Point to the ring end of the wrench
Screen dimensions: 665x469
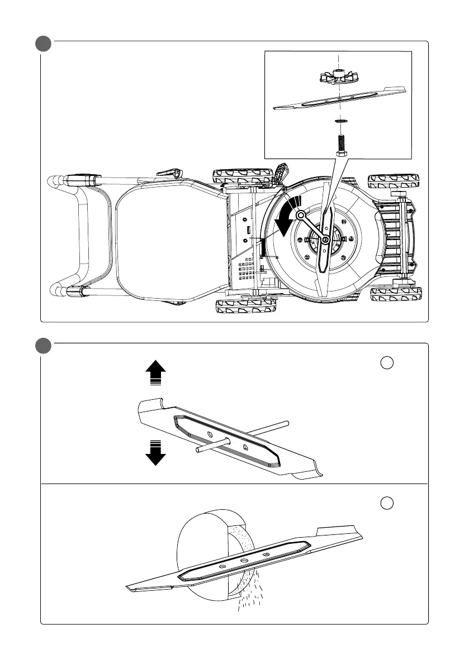[x=301, y=214]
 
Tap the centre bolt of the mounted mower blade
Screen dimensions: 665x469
[x=325, y=240]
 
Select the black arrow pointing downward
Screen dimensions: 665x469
[x=155, y=452]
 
